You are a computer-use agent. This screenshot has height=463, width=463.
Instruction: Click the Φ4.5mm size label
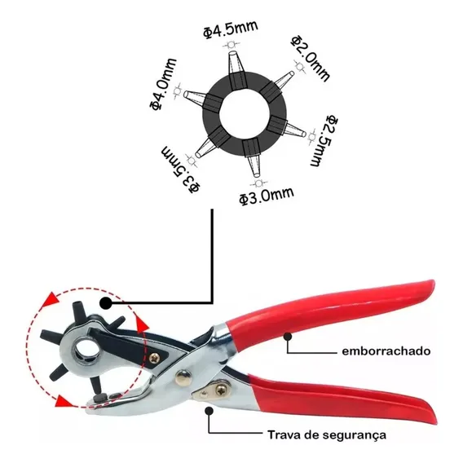click(x=231, y=29)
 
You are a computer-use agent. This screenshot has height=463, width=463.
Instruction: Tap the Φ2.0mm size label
click(x=310, y=59)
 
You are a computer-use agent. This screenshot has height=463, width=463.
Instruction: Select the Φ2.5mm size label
click(x=324, y=141)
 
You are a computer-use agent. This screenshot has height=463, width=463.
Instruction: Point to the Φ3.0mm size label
click(x=267, y=196)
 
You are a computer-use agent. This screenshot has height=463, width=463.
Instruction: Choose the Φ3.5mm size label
click(x=181, y=170)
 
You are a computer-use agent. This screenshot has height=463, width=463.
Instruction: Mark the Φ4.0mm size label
click(x=163, y=85)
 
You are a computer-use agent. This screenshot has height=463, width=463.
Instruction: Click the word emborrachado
click(x=386, y=351)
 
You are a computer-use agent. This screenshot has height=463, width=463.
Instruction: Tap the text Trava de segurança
click(x=327, y=434)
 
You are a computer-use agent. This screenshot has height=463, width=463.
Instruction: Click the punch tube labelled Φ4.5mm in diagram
click(x=236, y=69)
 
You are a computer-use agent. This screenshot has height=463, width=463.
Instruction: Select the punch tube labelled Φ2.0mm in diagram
click(x=278, y=84)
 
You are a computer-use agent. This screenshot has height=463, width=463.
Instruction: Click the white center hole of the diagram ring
click(x=245, y=112)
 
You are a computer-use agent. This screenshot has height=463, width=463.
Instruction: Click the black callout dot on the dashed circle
click(x=105, y=303)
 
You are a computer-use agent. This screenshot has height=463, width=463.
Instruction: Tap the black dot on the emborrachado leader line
click(x=287, y=337)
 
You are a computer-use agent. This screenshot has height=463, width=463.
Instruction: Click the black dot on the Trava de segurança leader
click(x=209, y=411)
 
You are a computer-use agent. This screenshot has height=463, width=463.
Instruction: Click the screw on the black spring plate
click(x=154, y=358)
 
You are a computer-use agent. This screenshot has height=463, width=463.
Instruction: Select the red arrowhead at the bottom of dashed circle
click(x=63, y=402)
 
